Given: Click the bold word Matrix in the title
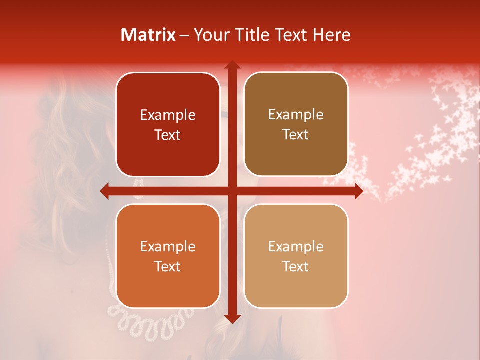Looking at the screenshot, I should (x=148, y=35).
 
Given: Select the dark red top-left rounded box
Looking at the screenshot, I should (x=168, y=125).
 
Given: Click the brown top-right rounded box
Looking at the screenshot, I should (x=296, y=124).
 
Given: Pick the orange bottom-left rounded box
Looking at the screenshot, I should (x=168, y=256).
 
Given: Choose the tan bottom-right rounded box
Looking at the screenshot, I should (x=296, y=256).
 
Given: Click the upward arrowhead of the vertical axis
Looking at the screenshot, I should (x=232, y=65).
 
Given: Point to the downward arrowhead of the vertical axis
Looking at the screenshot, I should (x=232, y=319).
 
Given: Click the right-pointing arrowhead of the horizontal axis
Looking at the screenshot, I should (x=359, y=191).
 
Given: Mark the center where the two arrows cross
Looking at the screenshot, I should (x=232, y=191).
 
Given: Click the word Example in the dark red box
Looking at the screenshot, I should (x=168, y=115).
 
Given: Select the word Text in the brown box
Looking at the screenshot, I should (x=296, y=135).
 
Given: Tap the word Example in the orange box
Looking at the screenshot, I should (x=168, y=246).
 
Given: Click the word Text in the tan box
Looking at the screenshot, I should (x=296, y=266).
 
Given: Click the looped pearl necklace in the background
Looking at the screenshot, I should (x=150, y=320).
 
